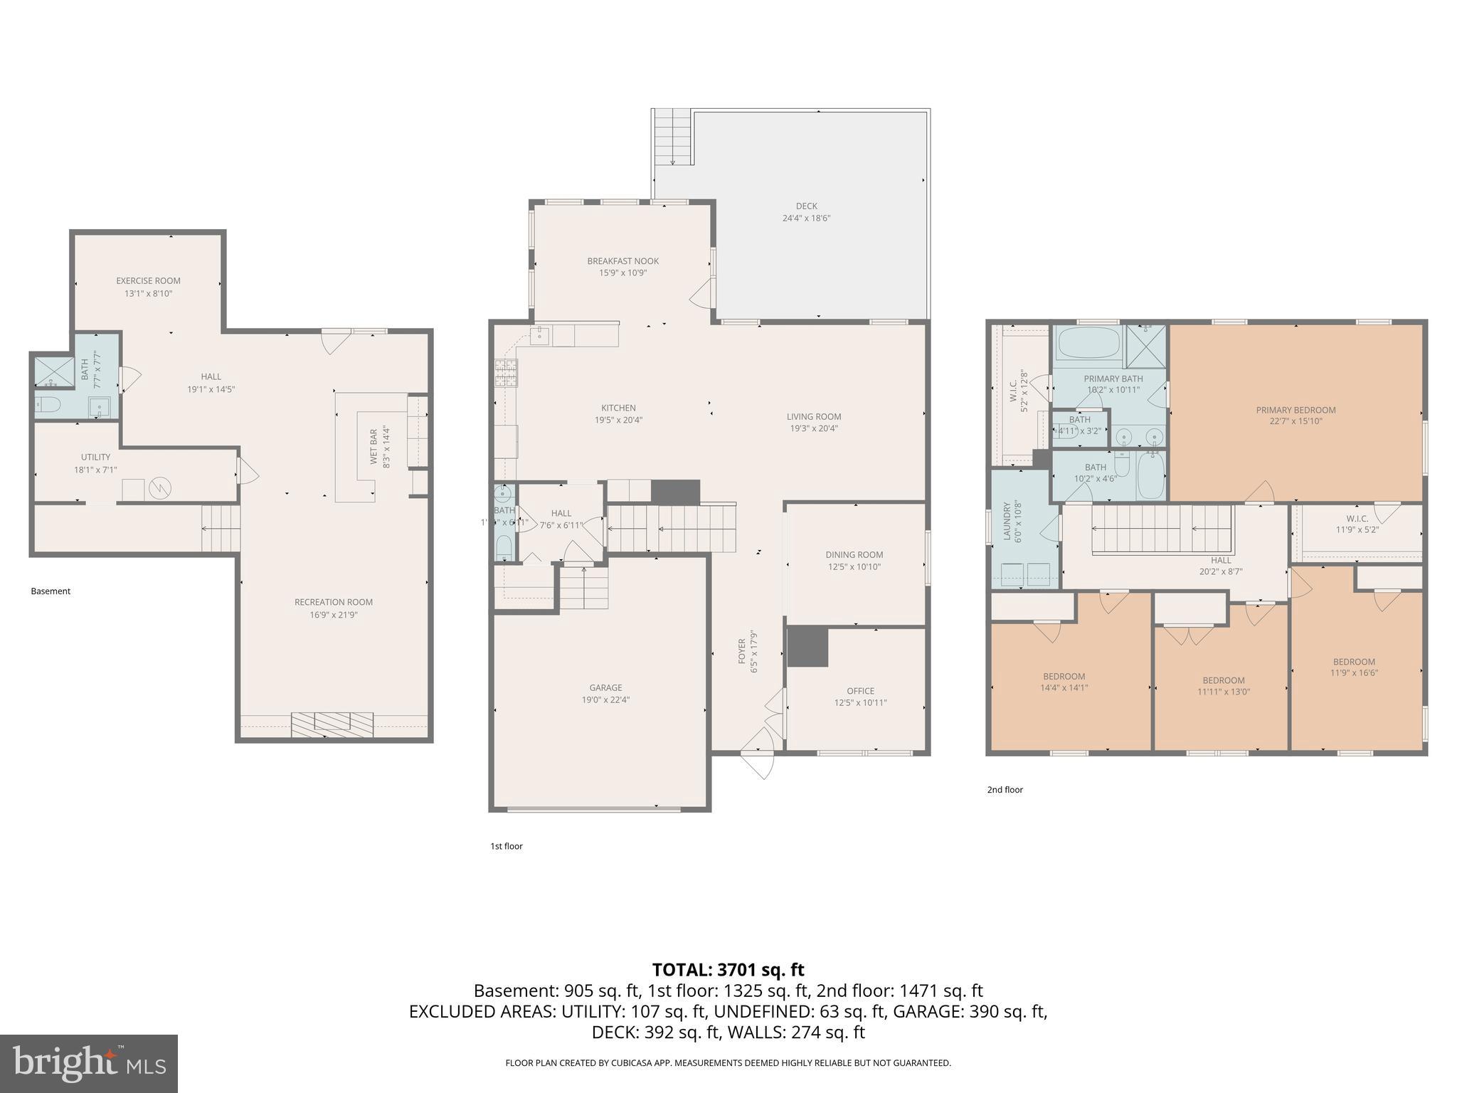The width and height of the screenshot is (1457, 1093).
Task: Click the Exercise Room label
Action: click(x=148, y=281)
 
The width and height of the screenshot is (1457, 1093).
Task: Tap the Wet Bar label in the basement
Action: click(x=373, y=446)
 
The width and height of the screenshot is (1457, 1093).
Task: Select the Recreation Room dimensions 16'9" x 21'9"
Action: click(x=334, y=615)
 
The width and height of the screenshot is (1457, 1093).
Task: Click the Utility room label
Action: click(x=95, y=458)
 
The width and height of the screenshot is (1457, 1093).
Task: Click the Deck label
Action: click(x=806, y=206)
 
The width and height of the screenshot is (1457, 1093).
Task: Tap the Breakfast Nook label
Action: click(x=622, y=261)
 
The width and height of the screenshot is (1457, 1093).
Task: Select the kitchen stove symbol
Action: click(x=506, y=373)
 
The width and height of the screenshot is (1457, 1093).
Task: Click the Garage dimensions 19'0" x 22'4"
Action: click(x=605, y=699)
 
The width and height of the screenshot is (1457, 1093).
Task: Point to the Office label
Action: click(x=860, y=691)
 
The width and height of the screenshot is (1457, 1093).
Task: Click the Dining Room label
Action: click(x=854, y=555)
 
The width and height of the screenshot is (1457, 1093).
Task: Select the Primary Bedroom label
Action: click(x=1296, y=410)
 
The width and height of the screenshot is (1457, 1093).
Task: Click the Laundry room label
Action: click(x=1007, y=522)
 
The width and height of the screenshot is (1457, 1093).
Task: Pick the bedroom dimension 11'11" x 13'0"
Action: click(x=1223, y=692)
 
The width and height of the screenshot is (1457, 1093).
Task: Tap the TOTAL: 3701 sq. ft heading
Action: click(x=728, y=970)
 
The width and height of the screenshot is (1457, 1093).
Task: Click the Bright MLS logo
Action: click(x=89, y=1063)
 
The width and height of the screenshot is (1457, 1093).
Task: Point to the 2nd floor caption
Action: click(x=1005, y=790)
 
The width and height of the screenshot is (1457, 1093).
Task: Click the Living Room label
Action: click(x=814, y=417)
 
